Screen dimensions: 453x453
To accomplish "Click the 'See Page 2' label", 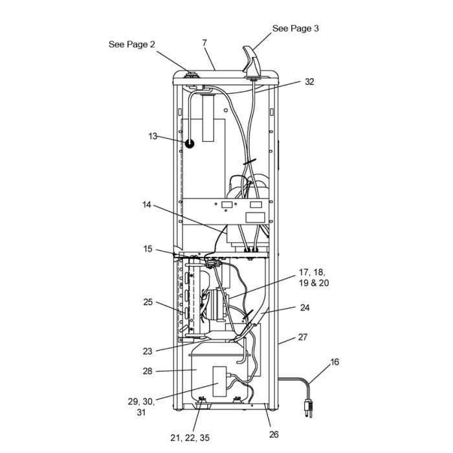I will coord(131,44).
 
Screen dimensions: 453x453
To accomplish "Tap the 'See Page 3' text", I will coord(295,28).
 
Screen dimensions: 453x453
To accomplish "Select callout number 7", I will coord(204,43).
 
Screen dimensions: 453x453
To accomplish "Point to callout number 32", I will coord(309,82).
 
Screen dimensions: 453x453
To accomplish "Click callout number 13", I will coord(153,137).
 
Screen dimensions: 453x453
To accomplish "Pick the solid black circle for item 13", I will coord(190,144).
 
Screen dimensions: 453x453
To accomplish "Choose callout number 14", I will coord(147,205).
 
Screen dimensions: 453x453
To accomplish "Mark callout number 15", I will coord(148,249).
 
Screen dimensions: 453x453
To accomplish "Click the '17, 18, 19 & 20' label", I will coord(314,278).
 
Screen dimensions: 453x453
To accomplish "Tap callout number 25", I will coord(148,302).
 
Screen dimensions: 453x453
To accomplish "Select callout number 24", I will coord(305,308).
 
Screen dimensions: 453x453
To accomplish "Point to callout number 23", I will coord(148,351).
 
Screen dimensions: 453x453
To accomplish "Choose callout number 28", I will coord(148,371).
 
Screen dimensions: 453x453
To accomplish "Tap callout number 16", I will coord(334,362).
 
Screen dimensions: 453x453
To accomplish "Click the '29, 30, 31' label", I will coord(141,407).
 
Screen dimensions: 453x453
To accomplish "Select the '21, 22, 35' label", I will coord(190,437).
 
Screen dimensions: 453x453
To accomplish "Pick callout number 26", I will coord(274,434).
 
